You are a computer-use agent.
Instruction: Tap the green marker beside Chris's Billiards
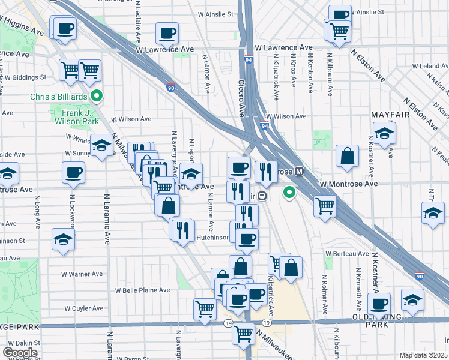pyautogui.click(x=96, y=96)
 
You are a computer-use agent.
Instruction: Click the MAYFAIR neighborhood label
pyautogui.click(x=390, y=114)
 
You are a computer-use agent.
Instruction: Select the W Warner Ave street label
pyautogui.click(x=82, y=274)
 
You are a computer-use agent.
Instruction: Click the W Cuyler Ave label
pyautogui.click(x=84, y=308)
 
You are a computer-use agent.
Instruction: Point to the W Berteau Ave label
pyautogui.click(x=346, y=254)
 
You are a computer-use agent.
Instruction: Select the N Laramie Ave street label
pyautogui.click(x=109, y=216)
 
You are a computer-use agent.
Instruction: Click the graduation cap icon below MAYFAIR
pyautogui.click(x=384, y=133)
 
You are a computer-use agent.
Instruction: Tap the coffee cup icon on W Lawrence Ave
pyautogui.click(x=167, y=33)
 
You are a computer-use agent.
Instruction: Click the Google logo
pyautogui.click(x=20, y=352)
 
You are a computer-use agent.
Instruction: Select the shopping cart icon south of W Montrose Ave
pyautogui.click(x=325, y=206)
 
